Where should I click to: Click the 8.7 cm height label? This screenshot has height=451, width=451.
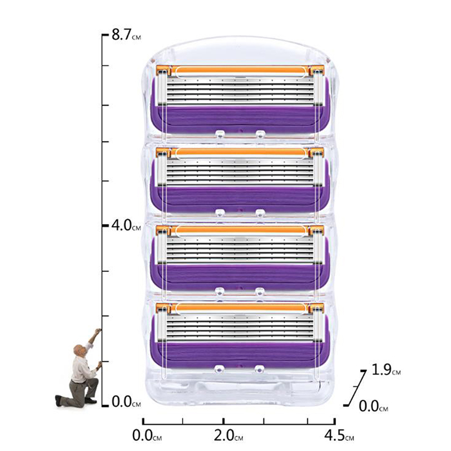click(x=126, y=35)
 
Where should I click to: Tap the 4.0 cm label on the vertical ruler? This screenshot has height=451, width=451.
click(x=126, y=225)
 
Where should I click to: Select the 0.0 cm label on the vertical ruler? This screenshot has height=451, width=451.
click(x=126, y=401)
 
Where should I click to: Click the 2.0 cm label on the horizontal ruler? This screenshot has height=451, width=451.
click(x=228, y=435)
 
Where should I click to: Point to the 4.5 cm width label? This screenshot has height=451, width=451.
click(x=339, y=435)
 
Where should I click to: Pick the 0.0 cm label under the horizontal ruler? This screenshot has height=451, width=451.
click(x=147, y=435)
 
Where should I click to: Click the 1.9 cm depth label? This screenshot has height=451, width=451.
click(x=386, y=370)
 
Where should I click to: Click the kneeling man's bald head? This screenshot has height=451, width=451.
click(x=78, y=350)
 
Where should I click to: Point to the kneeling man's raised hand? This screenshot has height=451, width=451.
click(x=98, y=331)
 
